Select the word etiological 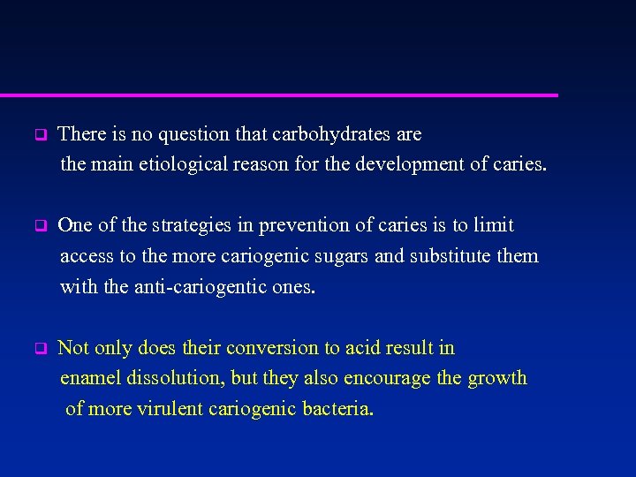click(x=181, y=164)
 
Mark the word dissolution click(x=178, y=379)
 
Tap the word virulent click(x=168, y=410)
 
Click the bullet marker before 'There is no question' click(x=39, y=136)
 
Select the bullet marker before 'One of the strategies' click(x=39, y=226)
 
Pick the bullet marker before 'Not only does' click(x=39, y=349)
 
